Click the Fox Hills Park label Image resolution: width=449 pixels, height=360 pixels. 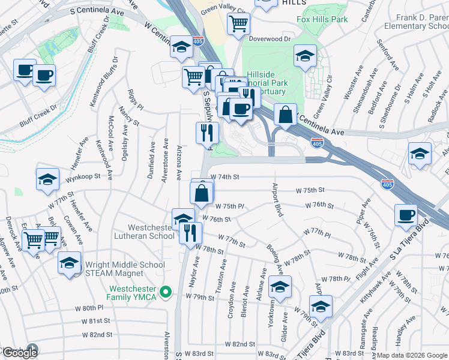tap(322, 19)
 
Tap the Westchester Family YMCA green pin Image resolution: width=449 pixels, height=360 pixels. tap(167, 293)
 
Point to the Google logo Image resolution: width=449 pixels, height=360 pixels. tap(19, 352)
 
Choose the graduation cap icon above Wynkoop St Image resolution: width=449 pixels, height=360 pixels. tap(47, 179)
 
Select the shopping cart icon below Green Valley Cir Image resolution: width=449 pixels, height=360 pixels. tap(238, 24)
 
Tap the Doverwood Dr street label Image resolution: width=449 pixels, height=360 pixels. tap(270, 38)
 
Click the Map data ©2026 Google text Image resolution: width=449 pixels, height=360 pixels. tap(411, 355)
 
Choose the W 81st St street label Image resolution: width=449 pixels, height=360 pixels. tap(100, 321)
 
